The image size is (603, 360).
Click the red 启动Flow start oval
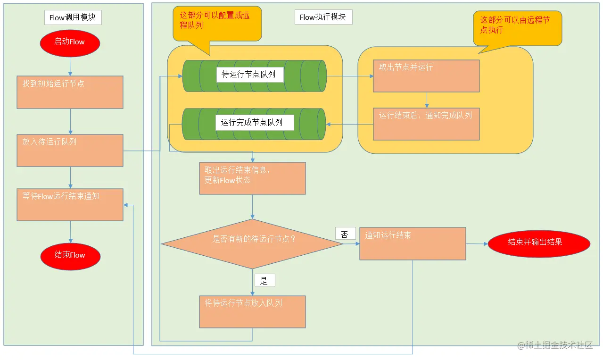(70, 42)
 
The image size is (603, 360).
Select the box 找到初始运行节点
(70, 92)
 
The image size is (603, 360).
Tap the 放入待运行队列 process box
(70, 150)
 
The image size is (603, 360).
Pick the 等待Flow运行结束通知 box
(70, 204)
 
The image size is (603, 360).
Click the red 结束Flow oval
(70, 255)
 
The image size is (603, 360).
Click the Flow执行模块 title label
(323, 17)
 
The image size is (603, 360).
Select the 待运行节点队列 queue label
(250, 75)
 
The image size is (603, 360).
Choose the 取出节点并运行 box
(426, 75)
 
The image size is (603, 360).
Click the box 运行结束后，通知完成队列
(426, 124)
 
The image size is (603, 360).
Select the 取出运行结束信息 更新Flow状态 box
(252, 178)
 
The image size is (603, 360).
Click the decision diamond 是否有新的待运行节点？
(252, 243)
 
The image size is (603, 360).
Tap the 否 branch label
(345, 234)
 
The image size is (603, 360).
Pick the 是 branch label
(264, 281)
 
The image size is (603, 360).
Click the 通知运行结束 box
(413, 243)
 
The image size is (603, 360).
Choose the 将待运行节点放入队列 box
(252, 311)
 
